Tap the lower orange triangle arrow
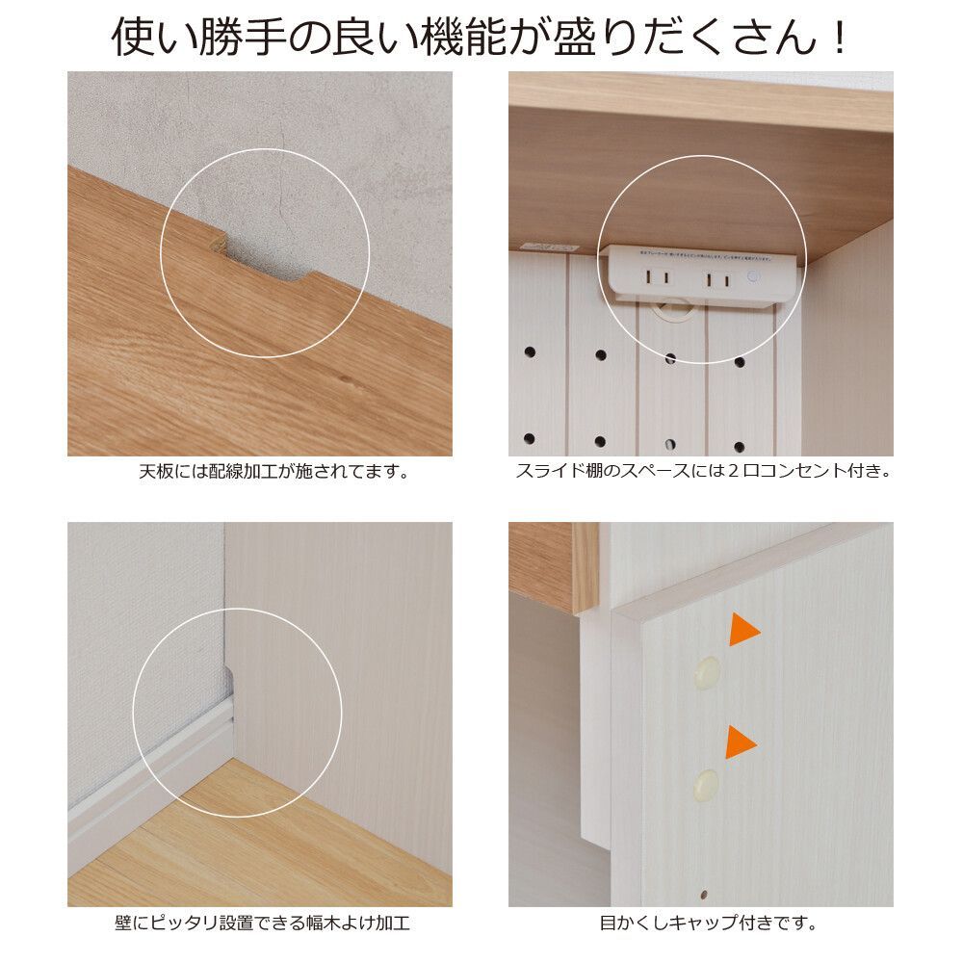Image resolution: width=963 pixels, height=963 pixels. (x=739, y=742)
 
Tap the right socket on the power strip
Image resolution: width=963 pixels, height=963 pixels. (x=715, y=280)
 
